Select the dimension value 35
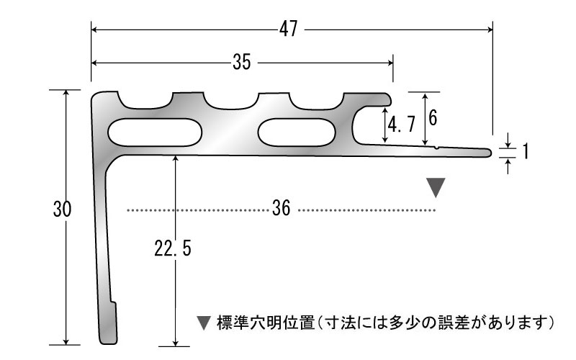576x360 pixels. pyautogui.click(x=241, y=63)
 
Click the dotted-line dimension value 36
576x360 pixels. pyautogui.click(x=282, y=210)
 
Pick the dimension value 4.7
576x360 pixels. pyautogui.click(x=401, y=125)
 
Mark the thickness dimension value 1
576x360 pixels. pyautogui.click(x=526, y=150)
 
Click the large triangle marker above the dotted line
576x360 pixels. pyautogui.click(x=436, y=188)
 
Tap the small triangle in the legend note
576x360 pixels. pyautogui.click(x=203, y=322)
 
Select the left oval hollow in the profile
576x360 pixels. pyautogui.click(x=155, y=132)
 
